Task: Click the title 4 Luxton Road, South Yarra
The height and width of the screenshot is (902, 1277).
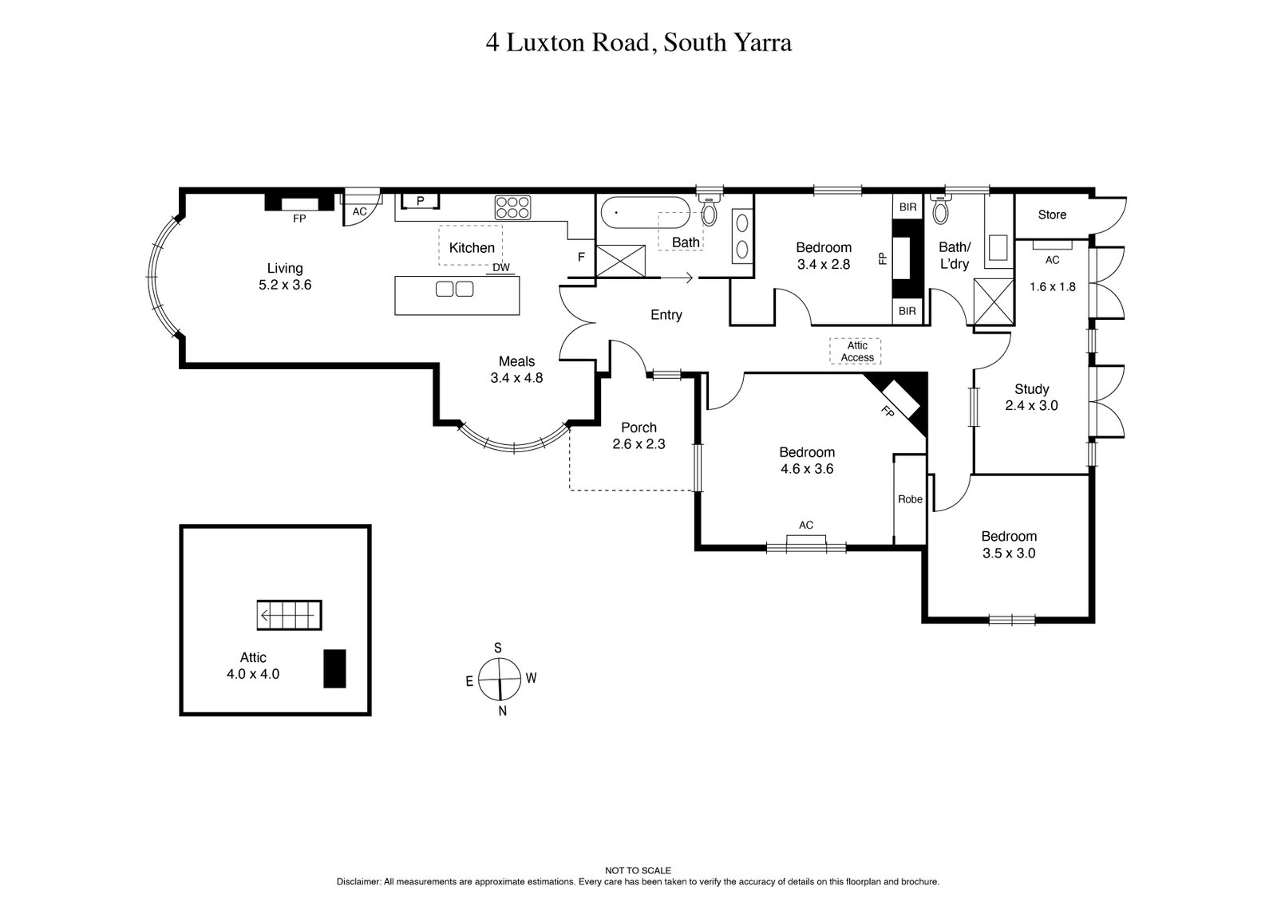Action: pyautogui.click(x=638, y=42)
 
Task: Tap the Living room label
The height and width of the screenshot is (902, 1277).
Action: pyautogui.click(x=285, y=276)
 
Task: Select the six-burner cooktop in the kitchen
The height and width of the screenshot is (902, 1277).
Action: pyautogui.click(x=512, y=207)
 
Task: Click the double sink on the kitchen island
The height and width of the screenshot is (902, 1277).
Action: pyautogui.click(x=454, y=289)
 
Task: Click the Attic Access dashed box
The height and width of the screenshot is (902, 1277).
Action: pyautogui.click(x=856, y=351)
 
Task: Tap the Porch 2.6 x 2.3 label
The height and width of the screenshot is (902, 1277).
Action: pyautogui.click(x=638, y=435)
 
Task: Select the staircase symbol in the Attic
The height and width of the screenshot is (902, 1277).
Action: pyautogui.click(x=289, y=615)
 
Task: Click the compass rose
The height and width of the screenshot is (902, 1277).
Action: pyautogui.click(x=500, y=679)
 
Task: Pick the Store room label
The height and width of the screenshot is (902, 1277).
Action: pyautogui.click(x=1052, y=215)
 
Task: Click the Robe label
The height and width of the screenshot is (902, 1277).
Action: pyautogui.click(x=910, y=499)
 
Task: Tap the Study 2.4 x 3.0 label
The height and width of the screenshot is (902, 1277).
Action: pyautogui.click(x=1031, y=397)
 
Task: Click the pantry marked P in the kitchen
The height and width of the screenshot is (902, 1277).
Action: pyautogui.click(x=420, y=201)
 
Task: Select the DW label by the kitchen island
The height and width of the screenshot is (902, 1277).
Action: pyautogui.click(x=501, y=268)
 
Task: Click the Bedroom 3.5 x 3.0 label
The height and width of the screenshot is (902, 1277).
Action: pyautogui.click(x=1009, y=545)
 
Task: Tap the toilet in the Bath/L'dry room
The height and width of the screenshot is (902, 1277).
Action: pyautogui.click(x=940, y=211)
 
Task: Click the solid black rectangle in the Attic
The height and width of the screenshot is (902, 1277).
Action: pyautogui.click(x=334, y=668)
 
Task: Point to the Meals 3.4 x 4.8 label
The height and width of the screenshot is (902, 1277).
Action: pyautogui.click(x=516, y=369)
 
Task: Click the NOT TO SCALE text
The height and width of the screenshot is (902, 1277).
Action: pyautogui.click(x=638, y=871)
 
